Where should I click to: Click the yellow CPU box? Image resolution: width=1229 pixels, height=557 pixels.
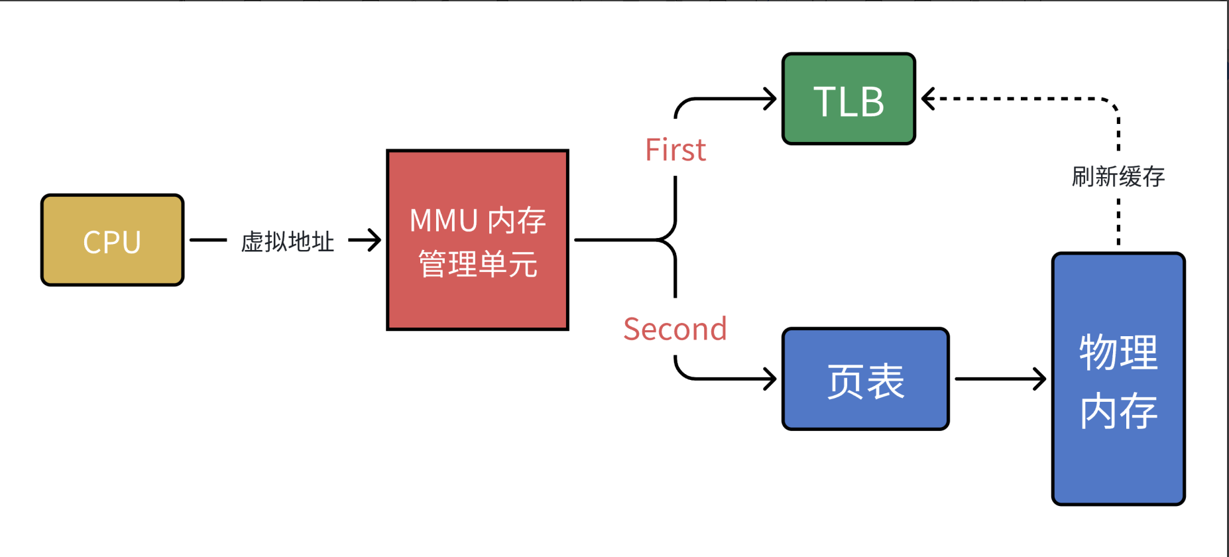112,240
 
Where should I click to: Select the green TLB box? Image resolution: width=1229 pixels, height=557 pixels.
849,99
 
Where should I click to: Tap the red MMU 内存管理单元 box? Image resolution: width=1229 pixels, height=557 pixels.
477,239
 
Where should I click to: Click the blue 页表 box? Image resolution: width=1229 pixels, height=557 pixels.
865,379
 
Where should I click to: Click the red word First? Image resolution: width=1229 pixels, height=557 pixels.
675,151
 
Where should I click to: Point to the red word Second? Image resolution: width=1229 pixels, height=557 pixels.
675,330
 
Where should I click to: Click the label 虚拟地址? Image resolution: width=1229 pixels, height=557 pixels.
287,241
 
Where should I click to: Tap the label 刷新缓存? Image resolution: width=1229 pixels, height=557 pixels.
1118,176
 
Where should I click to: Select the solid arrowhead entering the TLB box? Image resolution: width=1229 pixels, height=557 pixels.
771,99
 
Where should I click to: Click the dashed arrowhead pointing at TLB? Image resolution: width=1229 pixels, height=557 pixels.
927,99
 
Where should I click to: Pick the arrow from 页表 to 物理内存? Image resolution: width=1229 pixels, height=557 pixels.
1000,379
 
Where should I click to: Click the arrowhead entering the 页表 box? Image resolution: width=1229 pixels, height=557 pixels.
771,379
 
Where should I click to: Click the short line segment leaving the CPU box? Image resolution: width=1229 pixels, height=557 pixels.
208,240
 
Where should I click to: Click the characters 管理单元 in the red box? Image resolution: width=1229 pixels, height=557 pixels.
477,264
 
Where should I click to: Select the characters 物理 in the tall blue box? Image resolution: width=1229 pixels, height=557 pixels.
1118,352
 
